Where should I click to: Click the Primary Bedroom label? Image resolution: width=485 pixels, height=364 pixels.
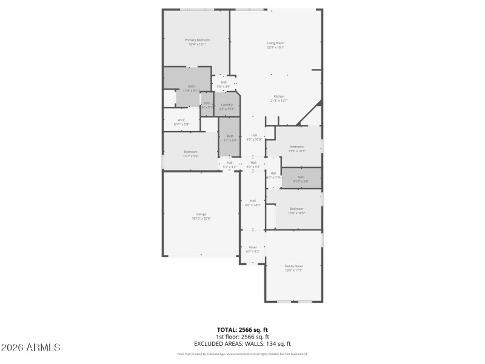[x=196, y=40]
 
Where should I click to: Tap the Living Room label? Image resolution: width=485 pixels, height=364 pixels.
[x=276, y=43]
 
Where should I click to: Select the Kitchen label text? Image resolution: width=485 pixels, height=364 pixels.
[x=279, y=97]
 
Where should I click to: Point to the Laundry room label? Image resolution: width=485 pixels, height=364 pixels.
[x=227, y=105]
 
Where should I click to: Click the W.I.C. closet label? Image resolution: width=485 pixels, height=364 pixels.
[x=181, y=120]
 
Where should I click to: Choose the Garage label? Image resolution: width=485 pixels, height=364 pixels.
[x=201, y=214]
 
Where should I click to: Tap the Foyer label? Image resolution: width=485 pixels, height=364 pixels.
[x=253, y=247]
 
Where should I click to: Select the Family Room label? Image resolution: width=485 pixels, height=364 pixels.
[x=293, y=266]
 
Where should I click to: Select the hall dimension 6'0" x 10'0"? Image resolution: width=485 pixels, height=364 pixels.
[x=253, y=140]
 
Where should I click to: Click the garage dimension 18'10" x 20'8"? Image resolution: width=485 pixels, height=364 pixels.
[x=201, y=218]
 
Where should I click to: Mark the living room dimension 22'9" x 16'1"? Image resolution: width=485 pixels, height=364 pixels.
[x=276, y=47]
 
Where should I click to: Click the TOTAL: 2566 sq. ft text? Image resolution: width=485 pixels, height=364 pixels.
[x=242, y=329]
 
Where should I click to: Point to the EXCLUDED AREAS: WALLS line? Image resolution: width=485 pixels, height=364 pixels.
[x=242, y=343]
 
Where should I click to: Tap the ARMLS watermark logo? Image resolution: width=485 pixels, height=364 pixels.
[x=30, y=348]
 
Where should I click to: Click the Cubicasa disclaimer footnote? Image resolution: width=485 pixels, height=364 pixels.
[x=242, y=354]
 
